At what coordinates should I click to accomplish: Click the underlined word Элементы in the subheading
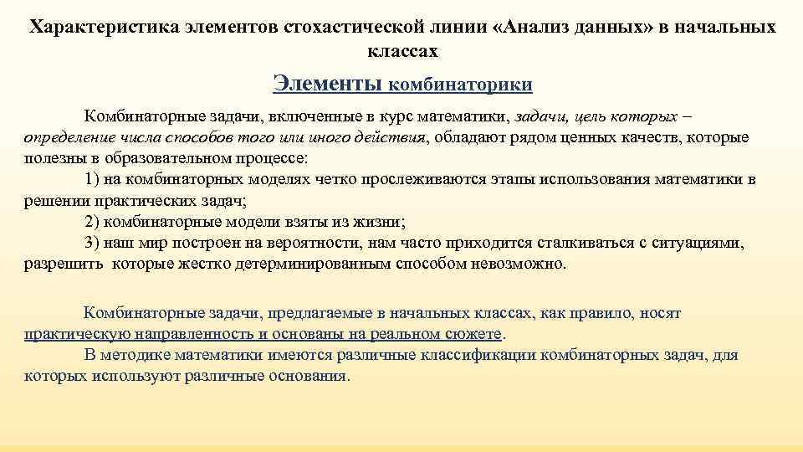(328, 83)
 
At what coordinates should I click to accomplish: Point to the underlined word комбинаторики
(461, 85)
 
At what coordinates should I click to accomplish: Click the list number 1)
(93, 179)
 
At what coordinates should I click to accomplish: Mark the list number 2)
(93, 222)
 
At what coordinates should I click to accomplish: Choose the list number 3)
(93, 243)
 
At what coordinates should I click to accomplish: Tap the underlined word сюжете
(476, 334)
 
